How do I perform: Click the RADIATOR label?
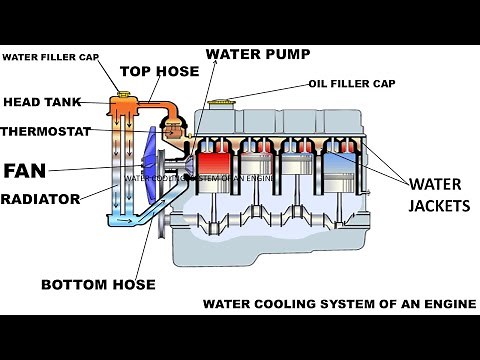pyautogui.click(x=40, y=199)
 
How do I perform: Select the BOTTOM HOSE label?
pyautogui.click(x=97, y=285)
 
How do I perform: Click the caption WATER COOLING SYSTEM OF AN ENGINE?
pyautogui.click(x=339, y=302)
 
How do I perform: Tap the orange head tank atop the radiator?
pyautogui.click(x=124, y=104)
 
